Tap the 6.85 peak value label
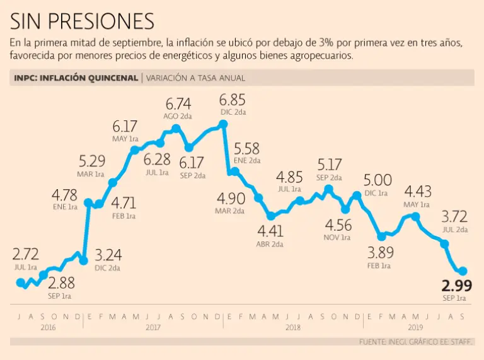point(232,100)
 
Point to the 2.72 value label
point(26,255)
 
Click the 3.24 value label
point(108,255)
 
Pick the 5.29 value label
point(92,161)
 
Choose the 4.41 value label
point(269,231)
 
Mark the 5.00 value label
point(377,180)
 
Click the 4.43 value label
point(417,192)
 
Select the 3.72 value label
point(454,216)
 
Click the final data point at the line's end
point(462,271)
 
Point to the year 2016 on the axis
point(49,327)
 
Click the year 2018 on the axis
point(292,327)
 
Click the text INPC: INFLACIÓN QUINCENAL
point(76,78)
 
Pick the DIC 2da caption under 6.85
point(232,113)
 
